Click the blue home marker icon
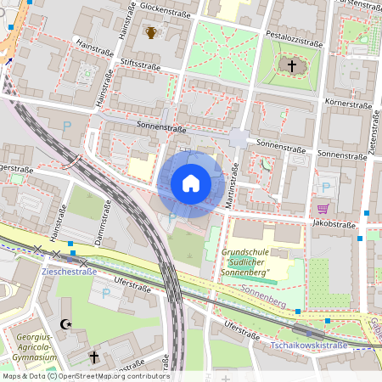pyautogui.click(x=191, y=183)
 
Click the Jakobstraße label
pyautogui.click(x=334, y=224)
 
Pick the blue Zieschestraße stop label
pyautogui.click(x=69, y=272)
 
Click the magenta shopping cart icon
pyautogui.click(x=323, y=209)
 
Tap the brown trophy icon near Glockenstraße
pyautogui.click(x=150, y=32)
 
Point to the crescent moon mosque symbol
pyautogui.click(x=67, y=323)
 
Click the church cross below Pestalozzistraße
pyautogui.click(x=291, y=65)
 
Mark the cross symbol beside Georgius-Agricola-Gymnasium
pyautogui.click(x=94, y=357)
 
